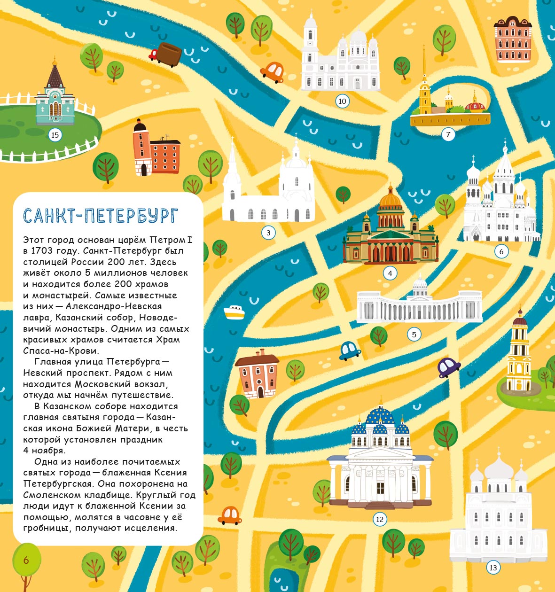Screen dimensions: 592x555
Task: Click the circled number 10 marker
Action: [342, 101]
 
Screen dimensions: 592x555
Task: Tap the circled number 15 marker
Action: [55, 135]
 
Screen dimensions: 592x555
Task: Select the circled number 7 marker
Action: [448, 135]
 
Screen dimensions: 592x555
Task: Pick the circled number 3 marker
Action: [268, 233]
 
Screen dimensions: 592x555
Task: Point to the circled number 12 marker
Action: [380, 519]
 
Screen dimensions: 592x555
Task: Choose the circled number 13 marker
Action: [493, 568]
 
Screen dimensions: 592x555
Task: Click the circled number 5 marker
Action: [414, 335]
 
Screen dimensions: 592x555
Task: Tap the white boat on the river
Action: [234, 312]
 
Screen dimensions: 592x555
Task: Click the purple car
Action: [448, 366]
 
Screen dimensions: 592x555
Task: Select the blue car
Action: [349, 350]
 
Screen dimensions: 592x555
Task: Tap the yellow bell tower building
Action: [519, 352]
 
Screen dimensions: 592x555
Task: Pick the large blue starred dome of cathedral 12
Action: [380, 415]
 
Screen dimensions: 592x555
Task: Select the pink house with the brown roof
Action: [258, 374]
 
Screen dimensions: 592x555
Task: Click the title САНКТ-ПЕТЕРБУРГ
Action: [101, 216]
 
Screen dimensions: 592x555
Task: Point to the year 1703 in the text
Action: [44, 251]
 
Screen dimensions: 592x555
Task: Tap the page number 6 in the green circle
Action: [26, 560]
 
